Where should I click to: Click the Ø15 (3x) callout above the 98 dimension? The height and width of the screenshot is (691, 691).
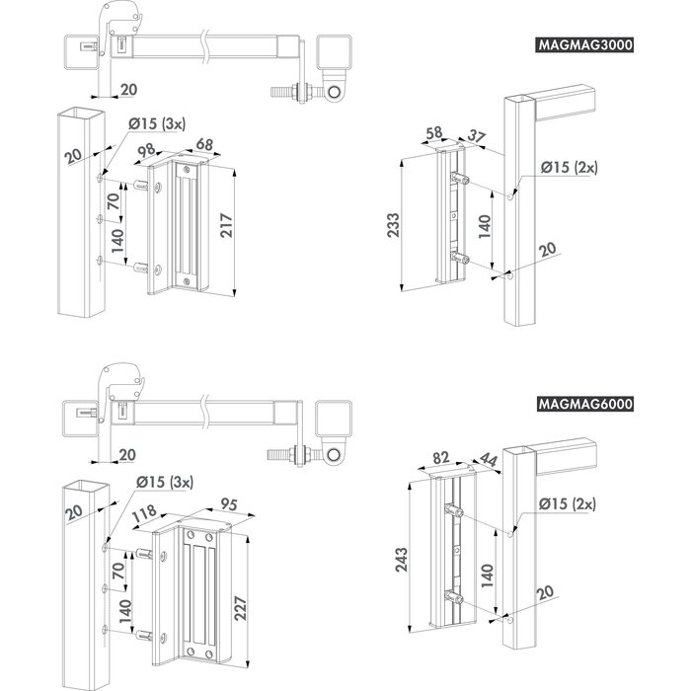click(161, 123)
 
